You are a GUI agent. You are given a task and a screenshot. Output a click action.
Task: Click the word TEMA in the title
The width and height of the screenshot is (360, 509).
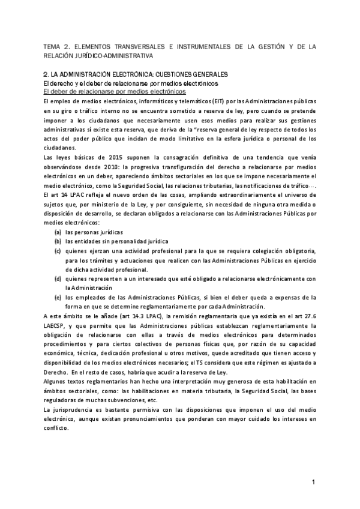pyautogui.click(x=55, y=46)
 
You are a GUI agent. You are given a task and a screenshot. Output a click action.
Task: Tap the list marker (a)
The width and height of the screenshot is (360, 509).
pyautogui.click(x=58, y=231)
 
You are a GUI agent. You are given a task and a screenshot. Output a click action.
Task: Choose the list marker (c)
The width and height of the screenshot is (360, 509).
pyautogui.click(x=58, y=250)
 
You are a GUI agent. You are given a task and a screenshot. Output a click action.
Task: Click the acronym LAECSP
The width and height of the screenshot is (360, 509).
pyautogui.click(x=58, y=325)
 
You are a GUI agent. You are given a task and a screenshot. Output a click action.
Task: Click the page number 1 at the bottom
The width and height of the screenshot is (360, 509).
pyautogui.click(x=313, y=483)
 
